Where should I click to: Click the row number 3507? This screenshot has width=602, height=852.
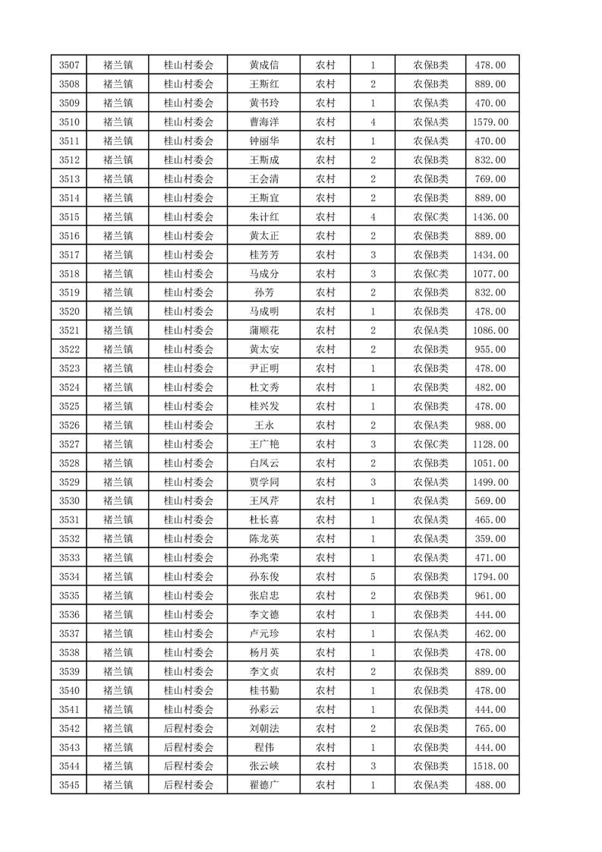(x=69, y=65)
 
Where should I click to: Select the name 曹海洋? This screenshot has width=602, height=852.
(x=263, y=122)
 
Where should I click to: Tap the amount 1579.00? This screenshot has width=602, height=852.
(x=490, y=122)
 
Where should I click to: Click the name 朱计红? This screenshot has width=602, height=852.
(x=263, y=217)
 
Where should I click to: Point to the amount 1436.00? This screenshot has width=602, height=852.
(x=490, y=217)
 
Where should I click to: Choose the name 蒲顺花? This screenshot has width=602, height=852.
(x=263, y=330)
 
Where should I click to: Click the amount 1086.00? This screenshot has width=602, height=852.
(x=490, y=330)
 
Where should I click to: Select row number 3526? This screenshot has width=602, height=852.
(x=69, y=425)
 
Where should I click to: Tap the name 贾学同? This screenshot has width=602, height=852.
(x=263, y=482)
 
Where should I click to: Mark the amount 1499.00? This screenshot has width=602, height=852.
(x=490, y=482)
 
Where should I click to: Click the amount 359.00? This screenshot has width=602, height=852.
(x=490, y=539)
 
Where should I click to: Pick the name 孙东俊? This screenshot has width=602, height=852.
(x=263, y=577)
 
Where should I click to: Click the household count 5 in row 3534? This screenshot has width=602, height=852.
(x=373, y=577)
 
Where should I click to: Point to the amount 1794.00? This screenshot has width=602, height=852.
(x=490, y=577)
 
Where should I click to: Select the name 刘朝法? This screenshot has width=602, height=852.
(x=263, y=728)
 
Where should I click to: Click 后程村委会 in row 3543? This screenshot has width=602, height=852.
(x=189, y=747)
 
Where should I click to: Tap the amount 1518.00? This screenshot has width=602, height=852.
(x=490, y=766)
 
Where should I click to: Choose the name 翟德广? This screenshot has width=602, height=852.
(x=263, y=785)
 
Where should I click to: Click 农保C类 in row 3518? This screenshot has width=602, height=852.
(x=430, y=274)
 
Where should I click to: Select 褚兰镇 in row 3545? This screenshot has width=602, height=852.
(x=118, y=785)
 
